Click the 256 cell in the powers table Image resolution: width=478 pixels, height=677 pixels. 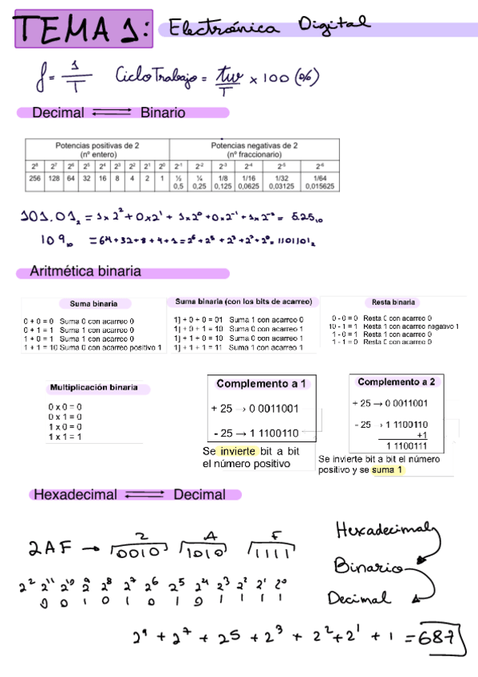coord(34,179)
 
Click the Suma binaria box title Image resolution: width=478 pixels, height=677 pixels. coord(93,303)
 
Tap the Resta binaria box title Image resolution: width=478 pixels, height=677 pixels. coord(393,303)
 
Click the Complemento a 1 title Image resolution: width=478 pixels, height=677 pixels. coord(261,384)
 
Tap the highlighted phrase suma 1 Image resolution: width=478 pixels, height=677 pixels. coord(388,469)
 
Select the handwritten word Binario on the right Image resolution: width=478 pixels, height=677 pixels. coord(369,568)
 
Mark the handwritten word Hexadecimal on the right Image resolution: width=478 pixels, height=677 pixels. coord(385,531)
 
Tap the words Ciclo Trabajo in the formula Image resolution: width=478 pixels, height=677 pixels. coord(156,77)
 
